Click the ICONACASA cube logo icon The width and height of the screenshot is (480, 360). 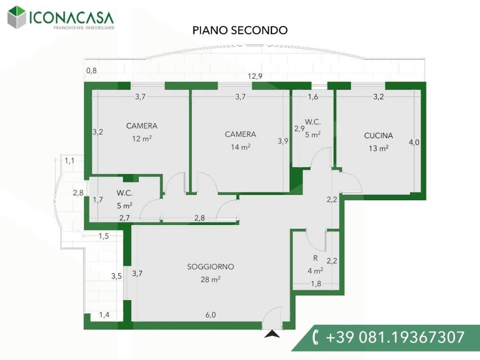(16, 17)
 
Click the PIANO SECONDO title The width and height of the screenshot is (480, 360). (240, 30)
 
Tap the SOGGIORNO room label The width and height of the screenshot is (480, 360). (210, 267)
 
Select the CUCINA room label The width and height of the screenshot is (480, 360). (378, 135)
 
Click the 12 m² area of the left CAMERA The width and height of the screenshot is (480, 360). (142, 138)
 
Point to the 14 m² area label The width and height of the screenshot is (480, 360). (240, 147)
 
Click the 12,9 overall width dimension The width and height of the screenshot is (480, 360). (255, 76)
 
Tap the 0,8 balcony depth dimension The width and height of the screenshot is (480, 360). (91, 71)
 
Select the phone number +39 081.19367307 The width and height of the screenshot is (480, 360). (395, 337)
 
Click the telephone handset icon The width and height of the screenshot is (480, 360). (315, 337)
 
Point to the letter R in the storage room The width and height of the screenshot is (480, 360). (315, 258)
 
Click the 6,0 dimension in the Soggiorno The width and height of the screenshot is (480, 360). (210, 315)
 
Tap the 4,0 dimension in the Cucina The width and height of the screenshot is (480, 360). (414, 142)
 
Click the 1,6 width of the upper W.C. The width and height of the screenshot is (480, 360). (313, 97)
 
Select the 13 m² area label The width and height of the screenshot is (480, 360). (379, 148)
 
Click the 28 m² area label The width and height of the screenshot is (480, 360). (210, 279)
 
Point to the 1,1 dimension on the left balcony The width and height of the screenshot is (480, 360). (69, 160)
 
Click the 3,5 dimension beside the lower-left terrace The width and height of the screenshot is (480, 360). (116, 276)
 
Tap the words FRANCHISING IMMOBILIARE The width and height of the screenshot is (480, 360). (84, 28)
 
